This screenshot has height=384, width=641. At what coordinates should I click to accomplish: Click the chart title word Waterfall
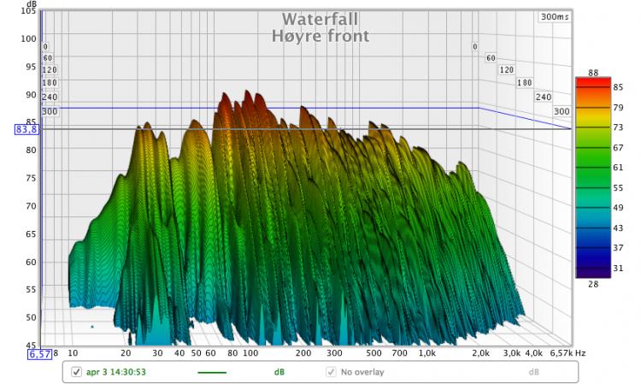(320, 19)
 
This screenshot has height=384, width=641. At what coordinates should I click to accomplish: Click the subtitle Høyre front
(320, 36)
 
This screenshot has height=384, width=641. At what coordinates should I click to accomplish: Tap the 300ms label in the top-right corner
(554, 16)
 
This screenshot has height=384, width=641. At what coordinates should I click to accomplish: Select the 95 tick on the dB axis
(30, 67)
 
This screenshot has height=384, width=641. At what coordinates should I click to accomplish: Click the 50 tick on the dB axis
(30, 317)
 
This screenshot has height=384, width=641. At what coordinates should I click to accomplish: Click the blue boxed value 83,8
(26, 129)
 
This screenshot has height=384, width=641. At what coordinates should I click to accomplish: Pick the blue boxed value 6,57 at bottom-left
(39, 354)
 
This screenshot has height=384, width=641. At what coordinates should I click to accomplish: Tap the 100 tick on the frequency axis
(250, 352)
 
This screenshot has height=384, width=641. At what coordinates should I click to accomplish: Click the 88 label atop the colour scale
(594, 73)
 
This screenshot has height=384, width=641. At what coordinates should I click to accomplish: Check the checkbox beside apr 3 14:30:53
(76, 372)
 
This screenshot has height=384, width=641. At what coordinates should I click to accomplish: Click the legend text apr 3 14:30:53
(117, 372)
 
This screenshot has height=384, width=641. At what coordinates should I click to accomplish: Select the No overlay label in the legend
(362, 372)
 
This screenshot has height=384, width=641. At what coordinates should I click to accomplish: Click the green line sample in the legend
(212, 372)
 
